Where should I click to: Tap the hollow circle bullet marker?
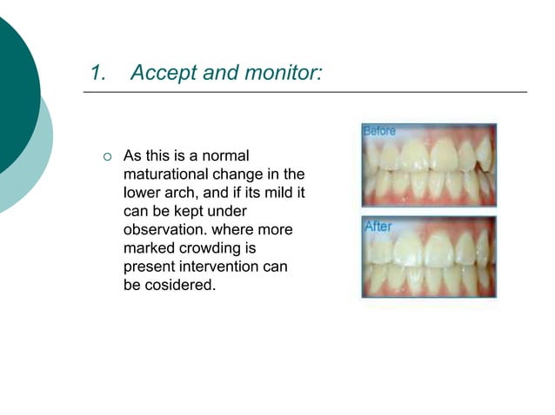106,157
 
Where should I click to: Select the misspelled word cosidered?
179,284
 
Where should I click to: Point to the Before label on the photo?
379,131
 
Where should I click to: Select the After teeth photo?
428,258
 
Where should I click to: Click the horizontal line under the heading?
304,92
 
